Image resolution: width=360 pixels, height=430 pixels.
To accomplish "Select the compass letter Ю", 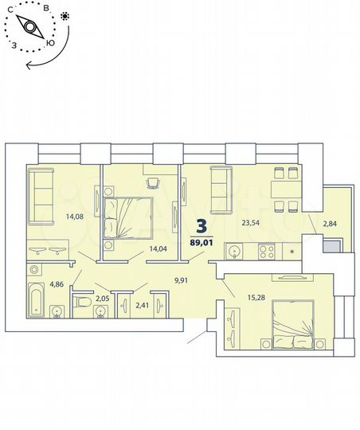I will (x=51, y=44).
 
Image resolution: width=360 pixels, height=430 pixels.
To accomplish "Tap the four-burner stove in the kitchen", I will (x=267, y=253).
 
